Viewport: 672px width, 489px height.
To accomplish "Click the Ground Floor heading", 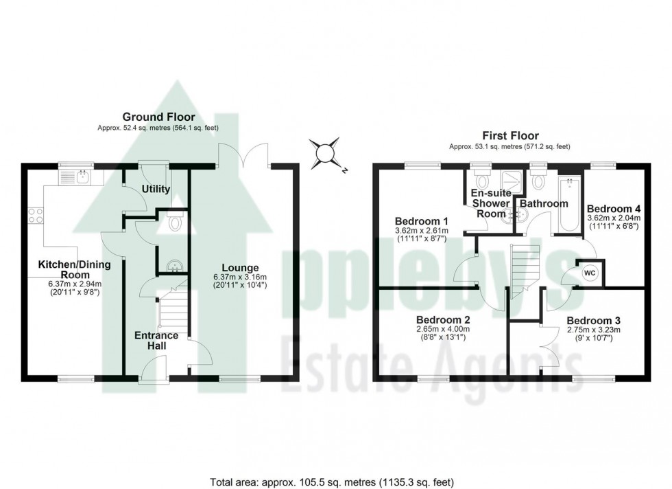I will coord(158,117).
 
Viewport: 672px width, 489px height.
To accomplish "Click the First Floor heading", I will coord(510,136).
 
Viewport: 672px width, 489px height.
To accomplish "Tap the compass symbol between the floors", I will coord(324,152).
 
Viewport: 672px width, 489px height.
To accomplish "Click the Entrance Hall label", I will coord(156,341).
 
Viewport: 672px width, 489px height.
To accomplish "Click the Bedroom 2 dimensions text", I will coord(442,334).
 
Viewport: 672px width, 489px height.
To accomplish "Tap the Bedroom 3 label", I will coord(592,320).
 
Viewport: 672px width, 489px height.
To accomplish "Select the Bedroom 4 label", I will coord(613,209).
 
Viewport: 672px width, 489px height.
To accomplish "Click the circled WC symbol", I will coord(588,273).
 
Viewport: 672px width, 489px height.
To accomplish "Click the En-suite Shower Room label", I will coord(490,203).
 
